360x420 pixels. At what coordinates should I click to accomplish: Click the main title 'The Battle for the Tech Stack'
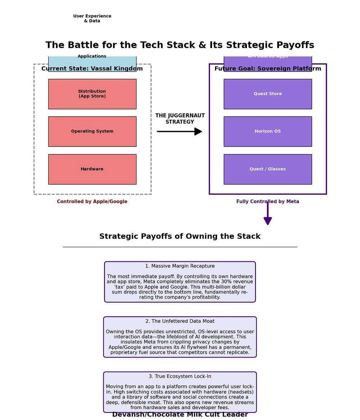180,45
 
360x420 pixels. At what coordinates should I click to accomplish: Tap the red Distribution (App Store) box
92,94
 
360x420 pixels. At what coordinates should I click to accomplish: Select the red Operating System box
92,131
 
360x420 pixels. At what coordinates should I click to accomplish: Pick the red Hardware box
92,169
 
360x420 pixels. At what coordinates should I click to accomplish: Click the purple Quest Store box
267,94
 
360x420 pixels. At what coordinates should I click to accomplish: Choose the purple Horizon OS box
267,131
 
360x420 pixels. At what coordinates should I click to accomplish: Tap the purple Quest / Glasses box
267,169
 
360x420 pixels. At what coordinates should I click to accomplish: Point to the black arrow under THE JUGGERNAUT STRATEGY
179,131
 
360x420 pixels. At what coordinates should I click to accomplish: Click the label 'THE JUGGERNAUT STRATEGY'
180,119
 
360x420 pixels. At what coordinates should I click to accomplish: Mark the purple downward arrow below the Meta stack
267,214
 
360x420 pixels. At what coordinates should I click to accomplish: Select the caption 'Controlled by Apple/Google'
92,202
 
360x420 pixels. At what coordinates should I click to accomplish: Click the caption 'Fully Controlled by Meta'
267,202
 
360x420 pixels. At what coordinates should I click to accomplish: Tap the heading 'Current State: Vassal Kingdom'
92,69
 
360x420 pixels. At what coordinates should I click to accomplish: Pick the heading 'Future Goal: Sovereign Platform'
267,69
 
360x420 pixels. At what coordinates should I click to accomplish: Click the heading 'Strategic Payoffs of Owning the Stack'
180,236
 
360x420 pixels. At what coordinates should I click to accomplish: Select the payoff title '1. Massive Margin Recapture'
180,266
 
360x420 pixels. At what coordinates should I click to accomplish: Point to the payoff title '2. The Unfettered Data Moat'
180,321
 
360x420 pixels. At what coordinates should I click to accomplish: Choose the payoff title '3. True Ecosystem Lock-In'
180,376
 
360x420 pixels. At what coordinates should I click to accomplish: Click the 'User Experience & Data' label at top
92,18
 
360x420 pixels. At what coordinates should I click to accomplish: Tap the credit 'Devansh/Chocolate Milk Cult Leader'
180,415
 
